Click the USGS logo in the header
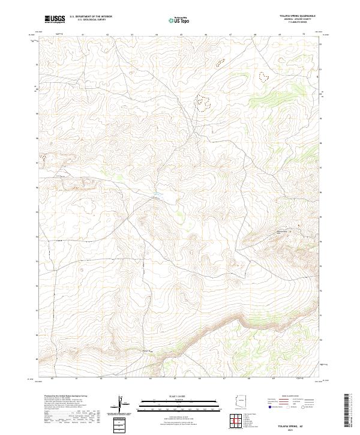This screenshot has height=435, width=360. [x=55, y=19]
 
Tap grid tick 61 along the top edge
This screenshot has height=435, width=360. [x=82, y=35]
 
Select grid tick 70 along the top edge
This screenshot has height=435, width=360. [x=304, y=35]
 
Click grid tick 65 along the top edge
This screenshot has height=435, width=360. [x=181, y=35]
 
